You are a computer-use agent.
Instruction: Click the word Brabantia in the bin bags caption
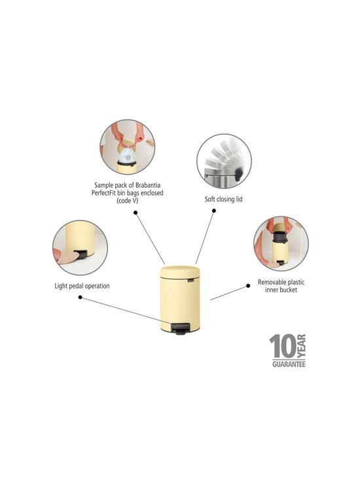(x=148, y=185)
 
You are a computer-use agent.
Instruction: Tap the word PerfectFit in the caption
(x=103, y=193)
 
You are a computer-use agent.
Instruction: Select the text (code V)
(x=127, y=201)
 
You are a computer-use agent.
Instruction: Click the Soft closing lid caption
(x=224, y=199)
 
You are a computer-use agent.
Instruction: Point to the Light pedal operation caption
(x=82, y=286)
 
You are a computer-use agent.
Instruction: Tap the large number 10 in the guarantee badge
(x=283, y=346)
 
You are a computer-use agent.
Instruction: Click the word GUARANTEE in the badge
(x=289, y=364)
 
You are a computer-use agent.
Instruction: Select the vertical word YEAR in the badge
(x=302, y=346)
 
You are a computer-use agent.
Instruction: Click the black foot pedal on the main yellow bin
(x=179, y=329)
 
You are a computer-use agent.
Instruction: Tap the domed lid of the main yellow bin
(x=180, y=272)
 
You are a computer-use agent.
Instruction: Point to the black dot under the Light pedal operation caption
(x=80, y=298)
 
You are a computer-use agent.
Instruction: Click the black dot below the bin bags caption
(x=135, y=213)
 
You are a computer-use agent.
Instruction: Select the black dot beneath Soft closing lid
(x=214, y=211)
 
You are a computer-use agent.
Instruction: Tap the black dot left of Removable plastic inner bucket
(x=248, y=286)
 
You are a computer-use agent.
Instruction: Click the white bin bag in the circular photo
(x=127, y=156)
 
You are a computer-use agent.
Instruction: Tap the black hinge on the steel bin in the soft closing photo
(x=238, y=174)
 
